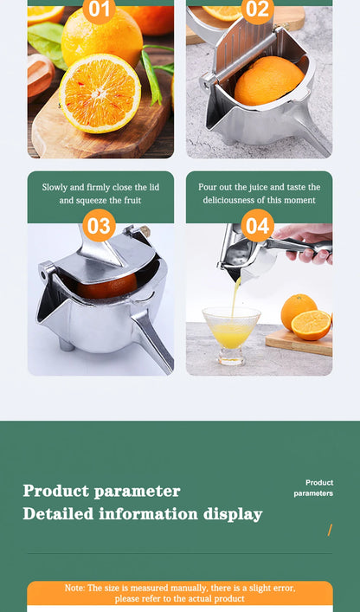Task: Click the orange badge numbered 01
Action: pyautogui.click(x=100, y=10)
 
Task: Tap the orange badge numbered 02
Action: pyautogui.click(x=257, y=10)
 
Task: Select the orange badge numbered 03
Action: pyautogui.click(x=100, y=227)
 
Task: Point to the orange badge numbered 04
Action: pyautogui.click(x=257, y=227)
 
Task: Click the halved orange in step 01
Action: pyautogui.click(x=100, y=92)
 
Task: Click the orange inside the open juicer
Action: pyautogui.click(x=269, y=81)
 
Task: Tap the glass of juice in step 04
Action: pyautogui.click(x=231, y=333)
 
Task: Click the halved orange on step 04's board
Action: pyautogui.click(x=311, y=325)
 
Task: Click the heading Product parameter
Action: pyautogui.click(x=101, y=491)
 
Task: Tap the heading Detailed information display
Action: pyautogui.click(x=142, y=514)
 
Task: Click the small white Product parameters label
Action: pyautogui.click(x=314, y=488)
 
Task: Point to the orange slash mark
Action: pyautogui.click(x=330, y=530)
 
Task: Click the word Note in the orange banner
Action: pyautogui.click(x=74, y=588)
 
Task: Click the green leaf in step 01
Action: pyautogui.click(x=46, y=42)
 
